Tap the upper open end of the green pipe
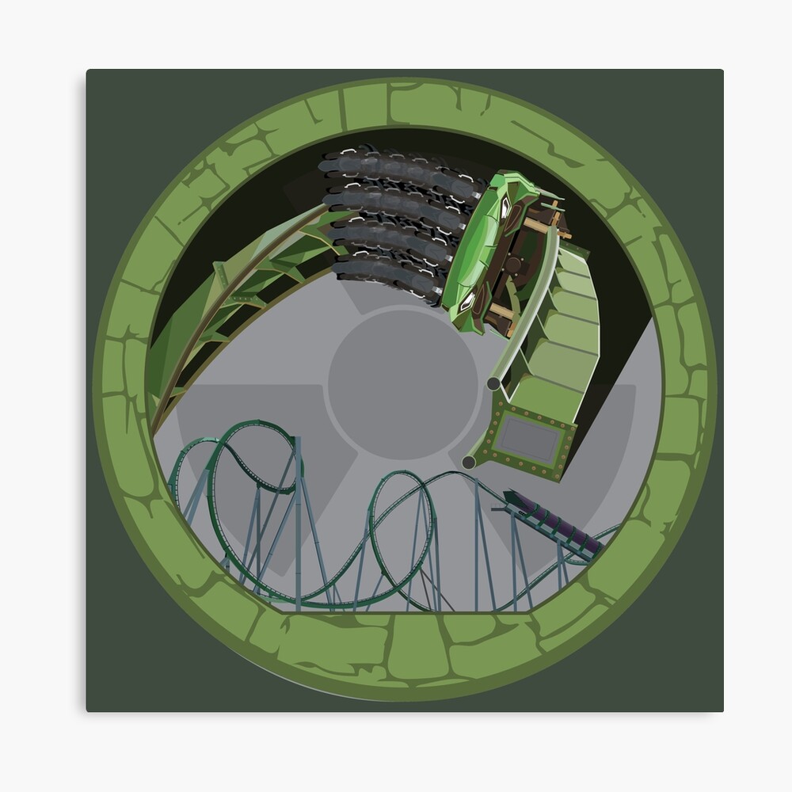493,384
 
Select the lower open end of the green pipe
469,461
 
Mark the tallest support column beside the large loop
298,515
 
